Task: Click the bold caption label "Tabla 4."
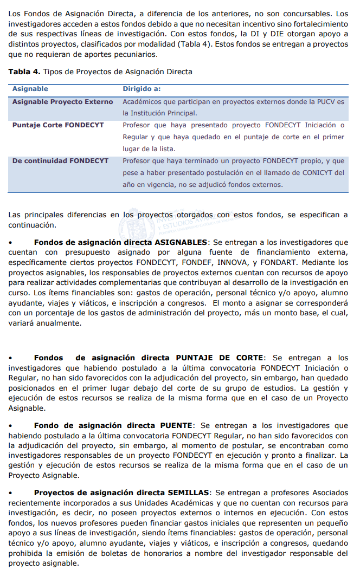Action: tap(24, 72)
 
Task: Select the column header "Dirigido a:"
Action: tap(141, 89)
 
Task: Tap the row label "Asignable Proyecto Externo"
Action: tap(62, 102)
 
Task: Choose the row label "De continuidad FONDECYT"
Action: tap(60, 161)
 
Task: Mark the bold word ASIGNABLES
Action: tap(181, 242)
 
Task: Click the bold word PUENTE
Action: tap(175, 426)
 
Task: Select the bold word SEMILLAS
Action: tap(189, 493)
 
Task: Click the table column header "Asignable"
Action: tap(30, 89)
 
